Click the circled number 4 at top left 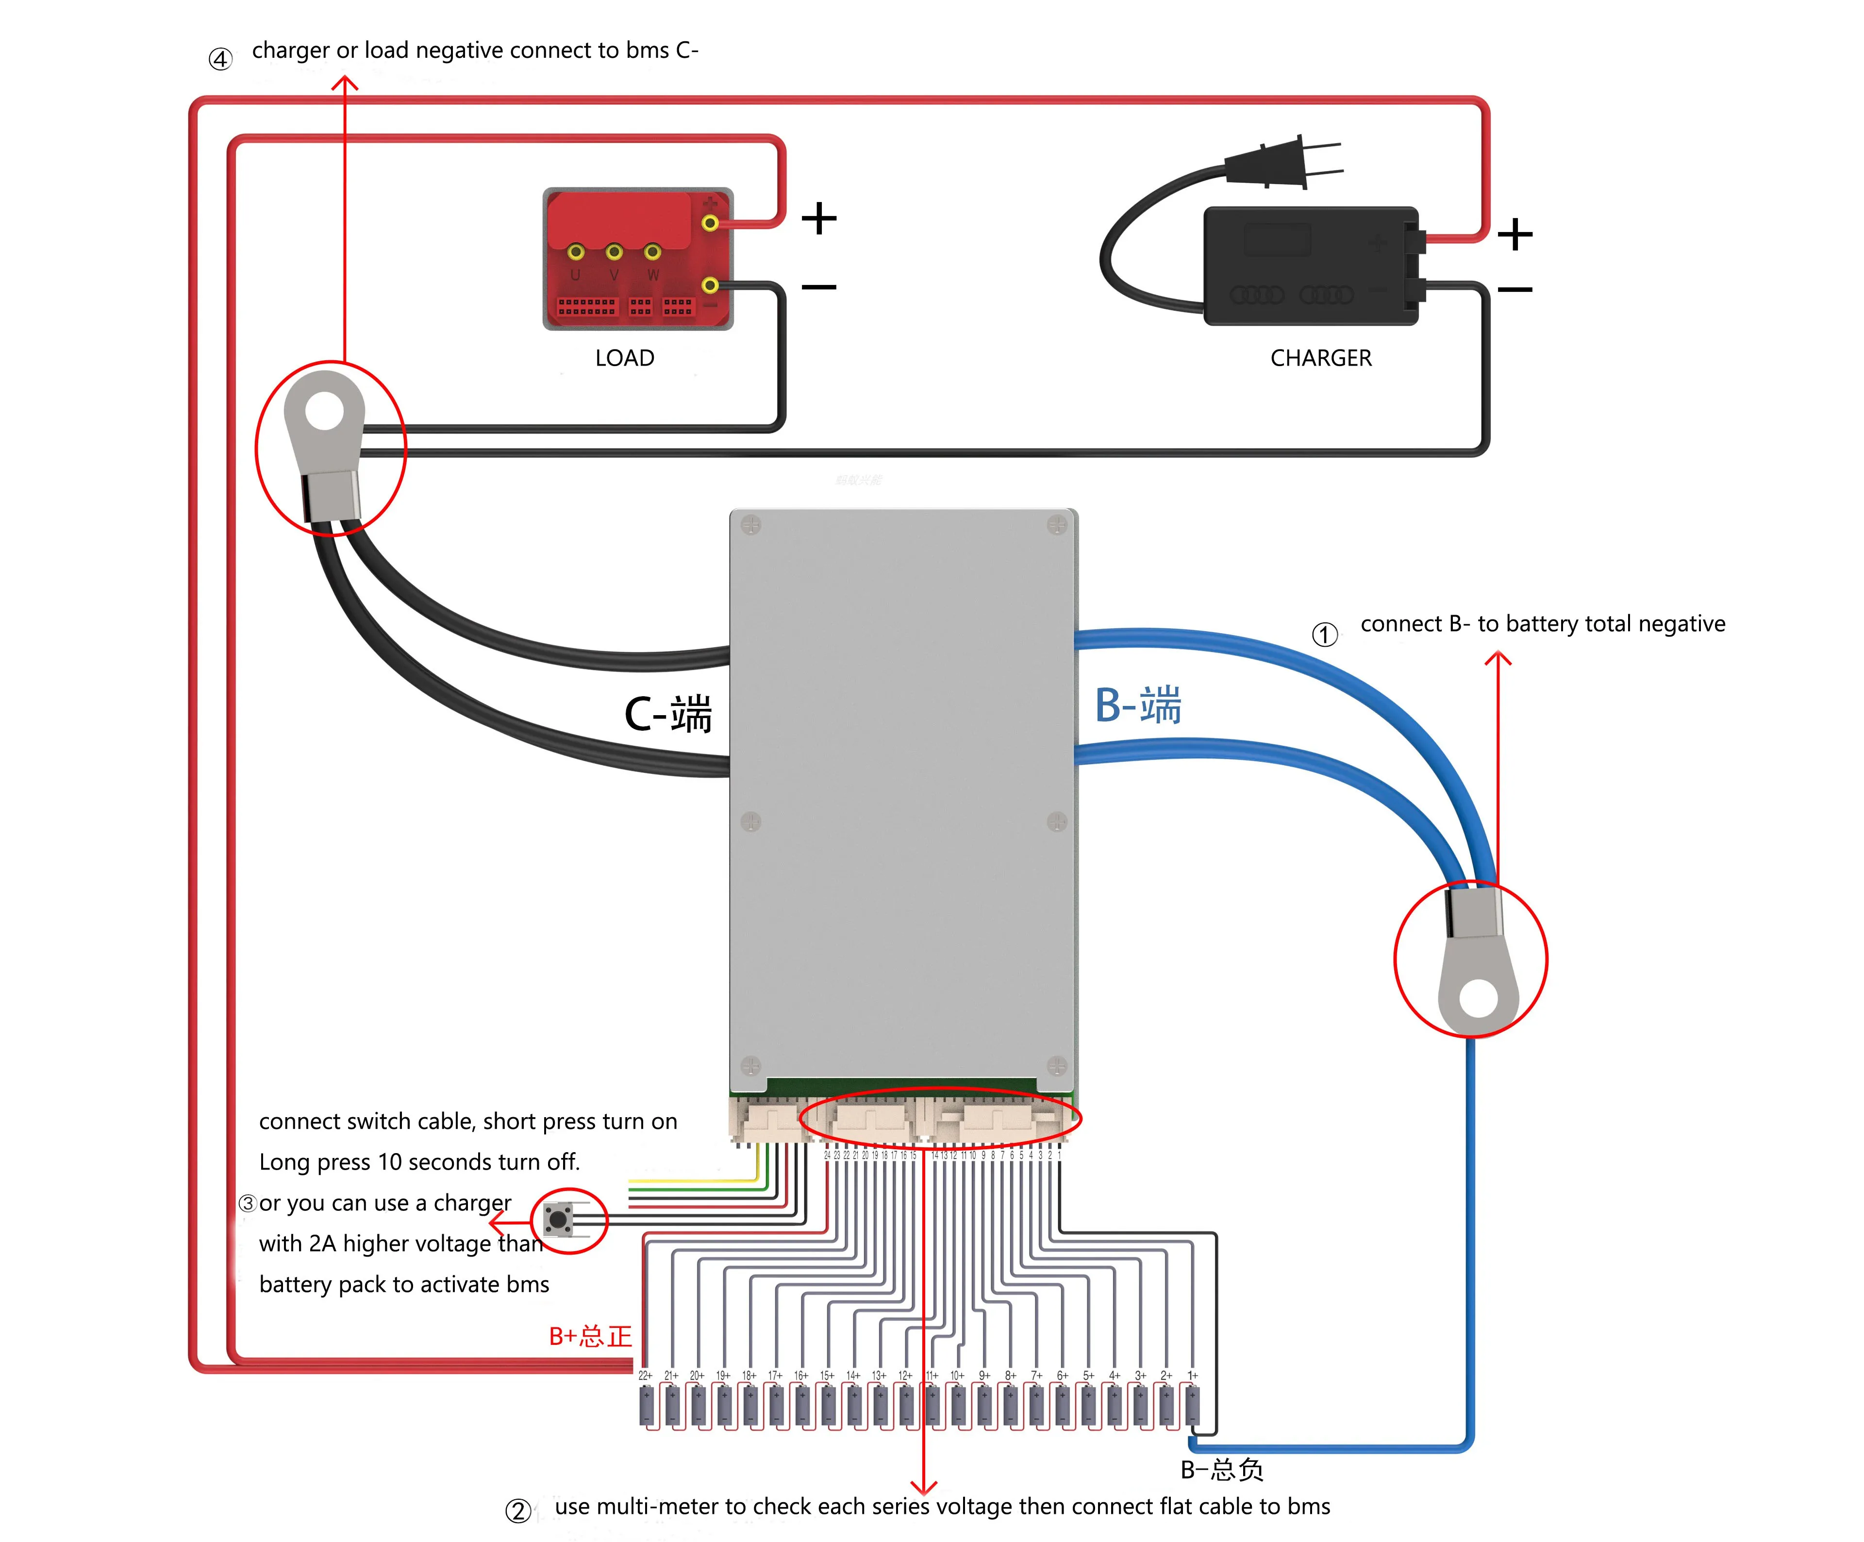[x=220, y=60]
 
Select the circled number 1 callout [x=1324, y=635]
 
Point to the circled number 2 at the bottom [x=517, y=1510]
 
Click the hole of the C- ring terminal [x=325, y=412]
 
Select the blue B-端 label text [x=1138, y=706]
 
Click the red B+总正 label [x=590, y=1336]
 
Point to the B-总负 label [x=1221, y=1469]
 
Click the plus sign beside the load [x=818, y=218]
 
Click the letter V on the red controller [x=614, y=275]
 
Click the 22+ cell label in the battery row [x=645, y=1375]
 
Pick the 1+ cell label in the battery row [x=1192, y=1375]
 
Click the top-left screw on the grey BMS [x=751, y=525]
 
